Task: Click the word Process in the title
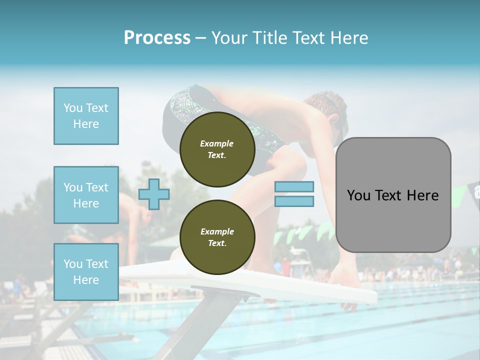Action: point(157,38)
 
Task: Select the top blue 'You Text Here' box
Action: point(86,116)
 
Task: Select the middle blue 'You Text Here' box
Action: point(86,195)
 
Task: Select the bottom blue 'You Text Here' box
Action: point(86,272)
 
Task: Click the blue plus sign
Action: point(154,194)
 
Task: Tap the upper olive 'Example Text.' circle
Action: point(217,149)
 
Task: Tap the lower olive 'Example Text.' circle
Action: point(217,237)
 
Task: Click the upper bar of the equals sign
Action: point(294,186)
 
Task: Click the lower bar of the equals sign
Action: point(294,201)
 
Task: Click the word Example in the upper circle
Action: point(217,143)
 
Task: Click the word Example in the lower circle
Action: point(217,231)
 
